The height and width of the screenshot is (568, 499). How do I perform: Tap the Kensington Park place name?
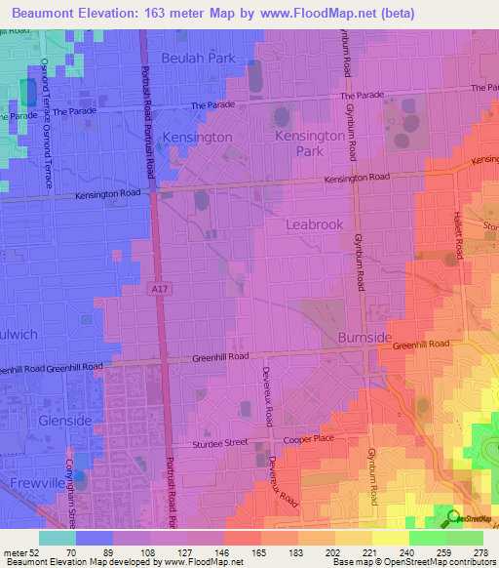coord(312,144)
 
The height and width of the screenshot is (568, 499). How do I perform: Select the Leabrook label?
coord(315,224)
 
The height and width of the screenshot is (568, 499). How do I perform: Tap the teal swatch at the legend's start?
coord(58,538)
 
